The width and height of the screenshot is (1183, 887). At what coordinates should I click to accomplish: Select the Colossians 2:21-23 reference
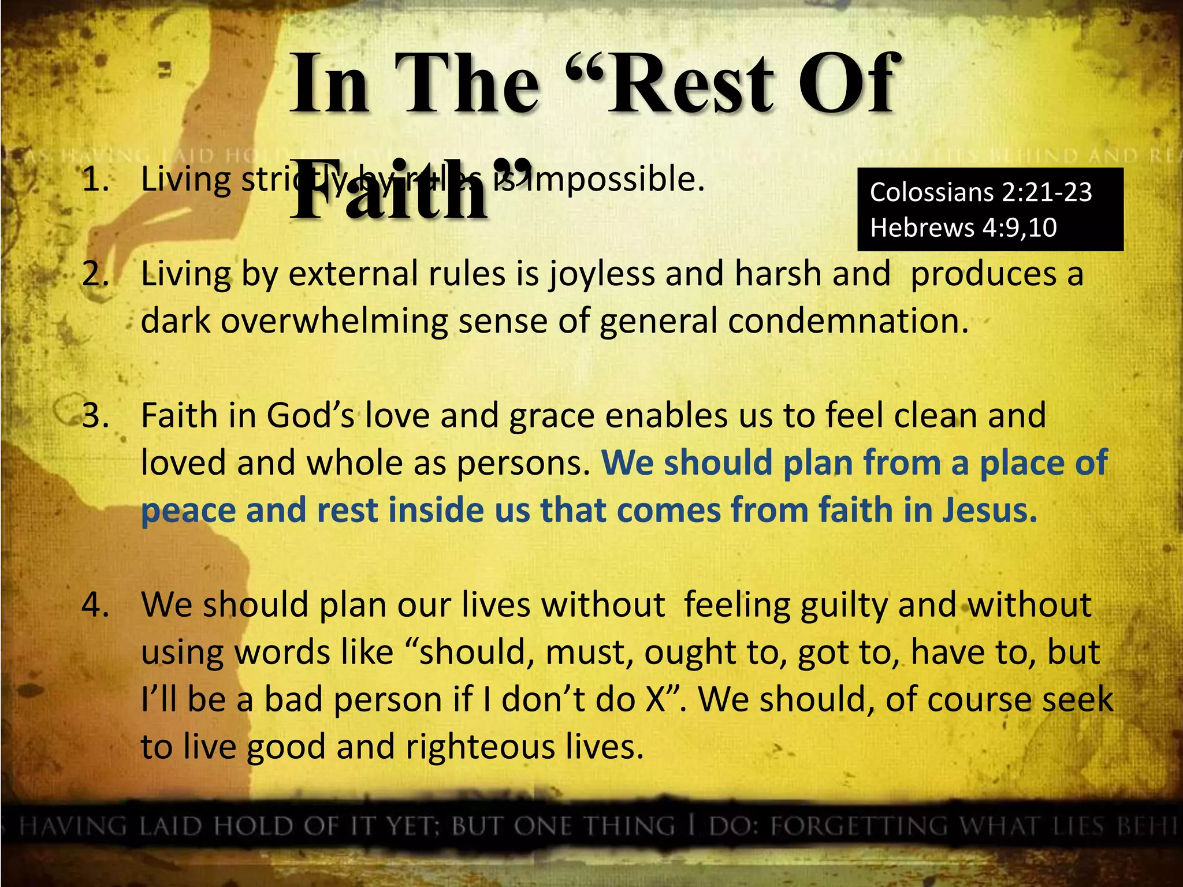point(981,192)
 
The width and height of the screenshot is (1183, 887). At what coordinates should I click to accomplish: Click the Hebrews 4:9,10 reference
point(963,228)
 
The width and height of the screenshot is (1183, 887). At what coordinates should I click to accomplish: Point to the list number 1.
point(95,180)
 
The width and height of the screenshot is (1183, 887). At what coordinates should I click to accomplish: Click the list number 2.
point(95,274)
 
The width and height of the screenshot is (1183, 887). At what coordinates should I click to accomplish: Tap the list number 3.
point(95,416)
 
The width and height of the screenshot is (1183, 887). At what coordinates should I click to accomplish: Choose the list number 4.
point(95,605)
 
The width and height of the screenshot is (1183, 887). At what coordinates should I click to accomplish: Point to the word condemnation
point(847,321)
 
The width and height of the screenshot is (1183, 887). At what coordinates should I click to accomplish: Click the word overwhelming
point(334,321)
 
